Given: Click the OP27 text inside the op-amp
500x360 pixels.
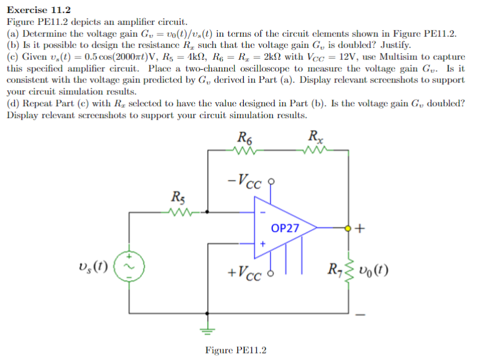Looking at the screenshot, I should coord(285,228).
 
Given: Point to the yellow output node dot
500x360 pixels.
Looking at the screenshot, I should coord(348,227).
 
